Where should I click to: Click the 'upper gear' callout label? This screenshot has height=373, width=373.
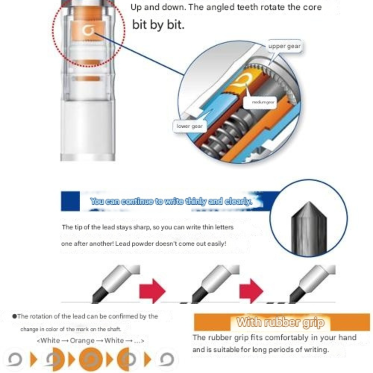[x=285, y=46]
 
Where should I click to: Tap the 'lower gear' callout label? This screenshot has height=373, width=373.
[x=189, y=126]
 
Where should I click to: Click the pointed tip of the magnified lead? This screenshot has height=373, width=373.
[x=309, y=202]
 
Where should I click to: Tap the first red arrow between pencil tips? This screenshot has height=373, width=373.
[x=152, y=291]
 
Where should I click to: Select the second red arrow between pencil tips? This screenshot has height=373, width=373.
[x=251, y=291]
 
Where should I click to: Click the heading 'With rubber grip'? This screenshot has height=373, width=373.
[x=280, y=322]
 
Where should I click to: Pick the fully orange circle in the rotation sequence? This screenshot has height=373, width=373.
[x=91, y=359]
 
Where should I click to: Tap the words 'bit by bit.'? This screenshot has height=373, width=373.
[x=158, y=25]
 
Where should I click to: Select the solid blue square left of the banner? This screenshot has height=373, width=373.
[x=70, y=201]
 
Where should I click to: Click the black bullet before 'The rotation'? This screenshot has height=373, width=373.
[x=15, y=316]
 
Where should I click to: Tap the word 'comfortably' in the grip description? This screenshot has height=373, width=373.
[x=257, y=338]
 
